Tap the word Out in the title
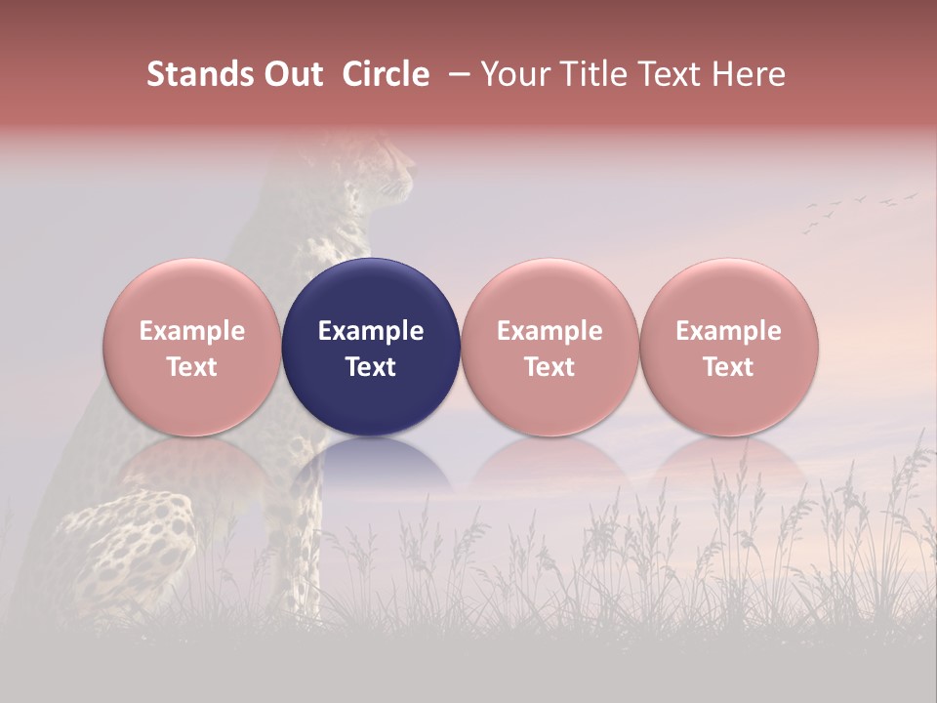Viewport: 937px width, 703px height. pyautogui.click(x=292, y=74)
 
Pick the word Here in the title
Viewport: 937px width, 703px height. pyautogui.click(x=750, y=74)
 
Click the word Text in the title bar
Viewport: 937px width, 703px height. pyautogui.click(x=672, y=74)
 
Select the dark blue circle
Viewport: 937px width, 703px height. pyautogui.click(x=371, y=347)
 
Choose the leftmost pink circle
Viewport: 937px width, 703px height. pyautogui.click(x=191, y=347)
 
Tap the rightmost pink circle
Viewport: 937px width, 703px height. pyautogui.click(x=728, y=347)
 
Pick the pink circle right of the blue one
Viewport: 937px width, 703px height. pyautogui.click(x=550, y=347)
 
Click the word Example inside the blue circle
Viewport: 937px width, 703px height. pyautogui.click(x=371, y=331)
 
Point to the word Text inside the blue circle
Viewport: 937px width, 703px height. pyautogui.click(x=371, y=367)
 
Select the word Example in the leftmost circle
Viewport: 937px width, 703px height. pyautogui.click(x=191, y=331)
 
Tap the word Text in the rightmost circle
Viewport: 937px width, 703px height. pyautogui.click(x=728, y=367)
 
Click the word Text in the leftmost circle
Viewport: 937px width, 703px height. pyautogui.click(x=191, y=367)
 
